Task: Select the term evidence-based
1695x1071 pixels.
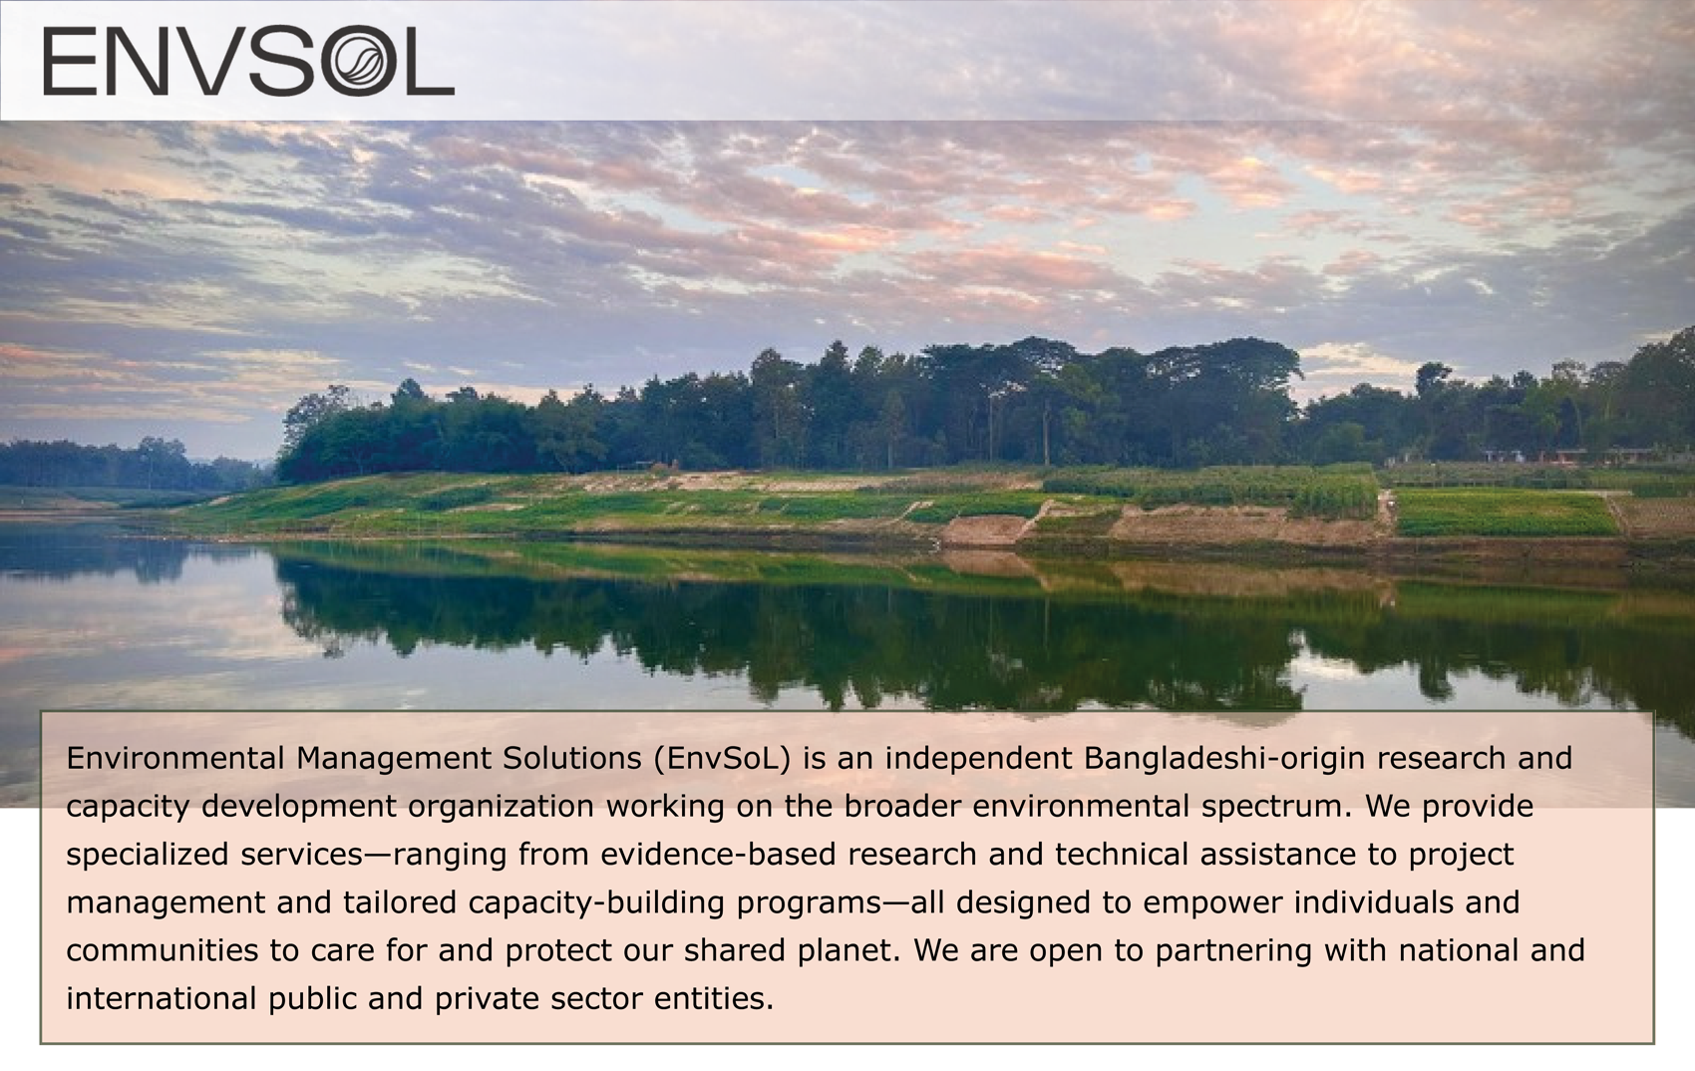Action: [x=718, y=855]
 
